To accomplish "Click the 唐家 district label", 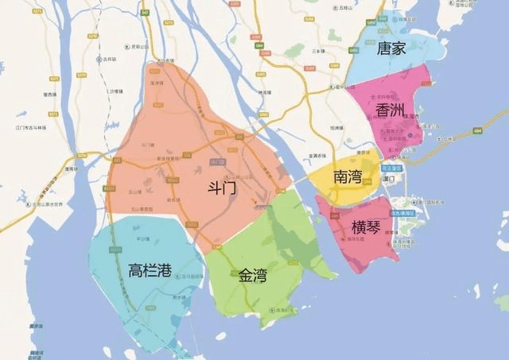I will [391, 48].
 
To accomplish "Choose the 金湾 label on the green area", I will [253, 277].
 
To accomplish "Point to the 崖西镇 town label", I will [52, 95].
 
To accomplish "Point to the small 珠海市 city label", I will [433, 116].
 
